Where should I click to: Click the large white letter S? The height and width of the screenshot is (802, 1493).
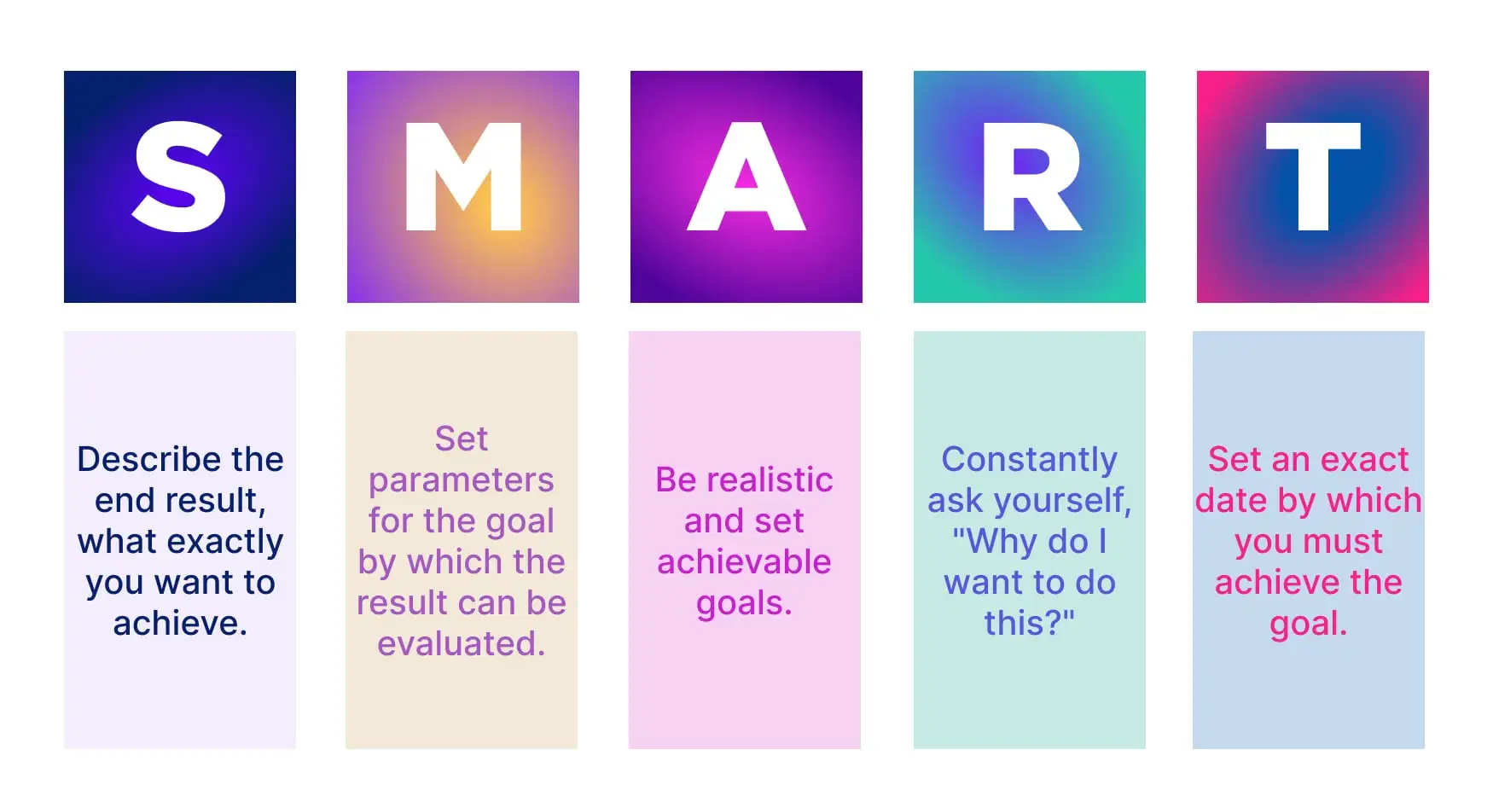[179, 177]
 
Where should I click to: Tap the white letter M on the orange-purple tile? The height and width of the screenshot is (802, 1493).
[463, 177]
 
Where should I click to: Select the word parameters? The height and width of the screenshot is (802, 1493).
[462, 480]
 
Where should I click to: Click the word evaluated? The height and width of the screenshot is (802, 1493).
[461, 644]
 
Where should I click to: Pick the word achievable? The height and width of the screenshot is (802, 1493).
[744, 562]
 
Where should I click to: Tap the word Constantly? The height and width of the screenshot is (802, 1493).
[1029, 460]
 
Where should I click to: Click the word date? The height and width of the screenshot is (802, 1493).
[1231, 501]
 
